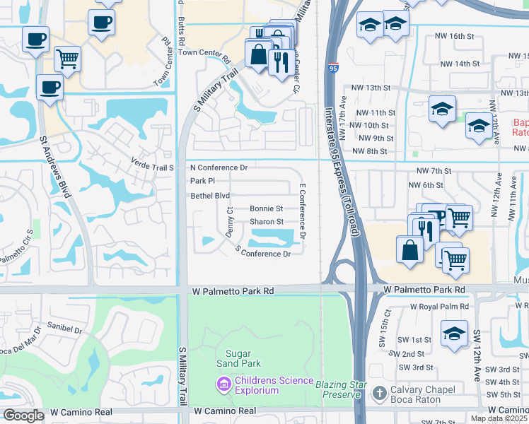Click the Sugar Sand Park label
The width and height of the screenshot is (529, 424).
243,358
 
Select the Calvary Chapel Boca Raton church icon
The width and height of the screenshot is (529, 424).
380,392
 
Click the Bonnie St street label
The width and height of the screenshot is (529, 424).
267,209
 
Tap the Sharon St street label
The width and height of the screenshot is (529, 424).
267,222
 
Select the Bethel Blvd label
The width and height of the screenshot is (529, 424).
210,196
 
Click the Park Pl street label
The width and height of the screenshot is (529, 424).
202,182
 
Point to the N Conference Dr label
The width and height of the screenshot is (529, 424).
219,168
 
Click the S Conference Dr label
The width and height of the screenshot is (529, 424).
263,252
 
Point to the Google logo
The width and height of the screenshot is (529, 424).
23,416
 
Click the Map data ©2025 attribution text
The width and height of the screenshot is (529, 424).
499,418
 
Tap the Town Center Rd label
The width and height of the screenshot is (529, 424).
205,53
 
